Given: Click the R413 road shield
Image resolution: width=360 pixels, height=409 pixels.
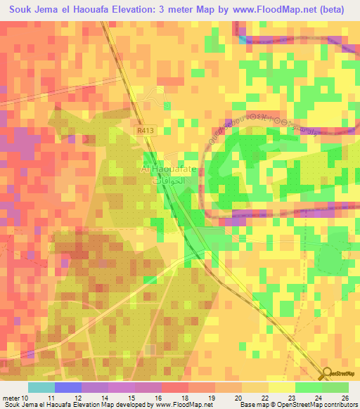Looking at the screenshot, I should [x=144, y=130].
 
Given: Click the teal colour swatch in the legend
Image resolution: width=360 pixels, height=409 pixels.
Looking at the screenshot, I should [x=41, y=387].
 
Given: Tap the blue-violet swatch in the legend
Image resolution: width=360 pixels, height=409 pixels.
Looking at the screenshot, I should [x=68, y=387].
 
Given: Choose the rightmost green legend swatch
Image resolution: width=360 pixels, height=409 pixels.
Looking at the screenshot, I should [x=335, y=387].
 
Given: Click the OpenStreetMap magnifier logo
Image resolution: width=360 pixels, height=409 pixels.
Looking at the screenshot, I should [x=326, y=373].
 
